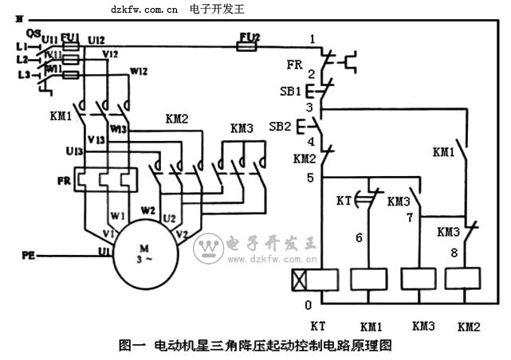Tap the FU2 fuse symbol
point(246,47)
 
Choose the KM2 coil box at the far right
point(463,280)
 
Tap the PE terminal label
point(28,256)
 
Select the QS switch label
point(33,33)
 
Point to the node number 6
point(359,237)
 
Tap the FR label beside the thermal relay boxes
point(64,181)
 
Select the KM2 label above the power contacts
point(177,119)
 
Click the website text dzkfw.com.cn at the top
point(144,9)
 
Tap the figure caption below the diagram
point(255,346)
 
